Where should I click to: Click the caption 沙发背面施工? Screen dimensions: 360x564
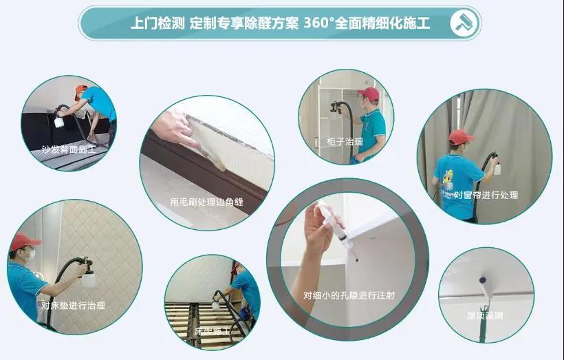[68, 149]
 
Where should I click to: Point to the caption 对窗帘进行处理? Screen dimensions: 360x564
[486, 195]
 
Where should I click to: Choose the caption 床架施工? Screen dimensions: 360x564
[213, 331]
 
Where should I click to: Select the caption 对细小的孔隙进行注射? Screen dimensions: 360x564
[349, 295]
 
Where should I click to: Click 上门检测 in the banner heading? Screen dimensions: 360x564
[158, 23]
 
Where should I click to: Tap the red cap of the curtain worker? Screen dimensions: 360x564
[459, 137]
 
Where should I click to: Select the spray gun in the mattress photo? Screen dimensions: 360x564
[86, 271]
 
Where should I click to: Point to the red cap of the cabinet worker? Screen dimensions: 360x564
[369, 93]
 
